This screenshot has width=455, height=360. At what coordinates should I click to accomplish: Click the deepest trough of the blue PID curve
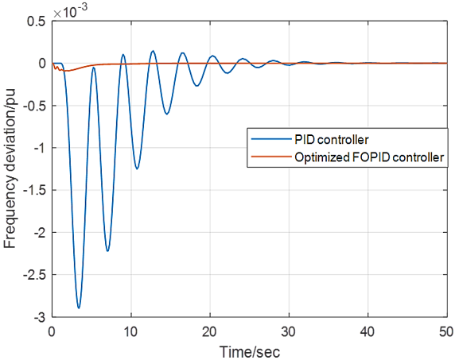click(79, 308)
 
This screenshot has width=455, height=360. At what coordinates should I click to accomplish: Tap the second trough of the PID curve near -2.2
click(107, 250)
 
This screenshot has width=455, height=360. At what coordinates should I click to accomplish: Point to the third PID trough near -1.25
click(137, 168)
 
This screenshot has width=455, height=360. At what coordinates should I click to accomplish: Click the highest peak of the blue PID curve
click(153, 51)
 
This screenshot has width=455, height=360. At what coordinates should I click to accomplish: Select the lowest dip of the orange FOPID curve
click(68, 71)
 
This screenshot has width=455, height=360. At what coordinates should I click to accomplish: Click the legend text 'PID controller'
click(332, 140)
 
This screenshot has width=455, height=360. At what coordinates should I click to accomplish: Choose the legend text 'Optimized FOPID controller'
click(369, 157)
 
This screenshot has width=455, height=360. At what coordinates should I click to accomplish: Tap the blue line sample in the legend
click(271, 139)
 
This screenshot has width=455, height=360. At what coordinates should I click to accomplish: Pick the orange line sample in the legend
click(271, 157)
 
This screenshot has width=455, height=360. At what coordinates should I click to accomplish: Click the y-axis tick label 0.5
click(37, 21)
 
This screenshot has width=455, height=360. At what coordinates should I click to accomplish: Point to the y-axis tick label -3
click(40, 317)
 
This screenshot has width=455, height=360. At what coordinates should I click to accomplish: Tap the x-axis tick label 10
click(130, 332)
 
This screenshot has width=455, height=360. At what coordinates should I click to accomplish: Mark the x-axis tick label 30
click(289, 332)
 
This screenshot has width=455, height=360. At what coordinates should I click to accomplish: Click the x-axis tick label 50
click(446, 332)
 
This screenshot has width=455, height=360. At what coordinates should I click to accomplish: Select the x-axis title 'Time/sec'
click(250, 351)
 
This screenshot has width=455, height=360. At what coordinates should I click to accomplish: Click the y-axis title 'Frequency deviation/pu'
click(10, 169)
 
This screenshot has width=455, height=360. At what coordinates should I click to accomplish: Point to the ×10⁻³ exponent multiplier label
click(71, 11)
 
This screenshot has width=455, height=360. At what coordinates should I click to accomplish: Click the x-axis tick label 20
click(210, 332)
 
